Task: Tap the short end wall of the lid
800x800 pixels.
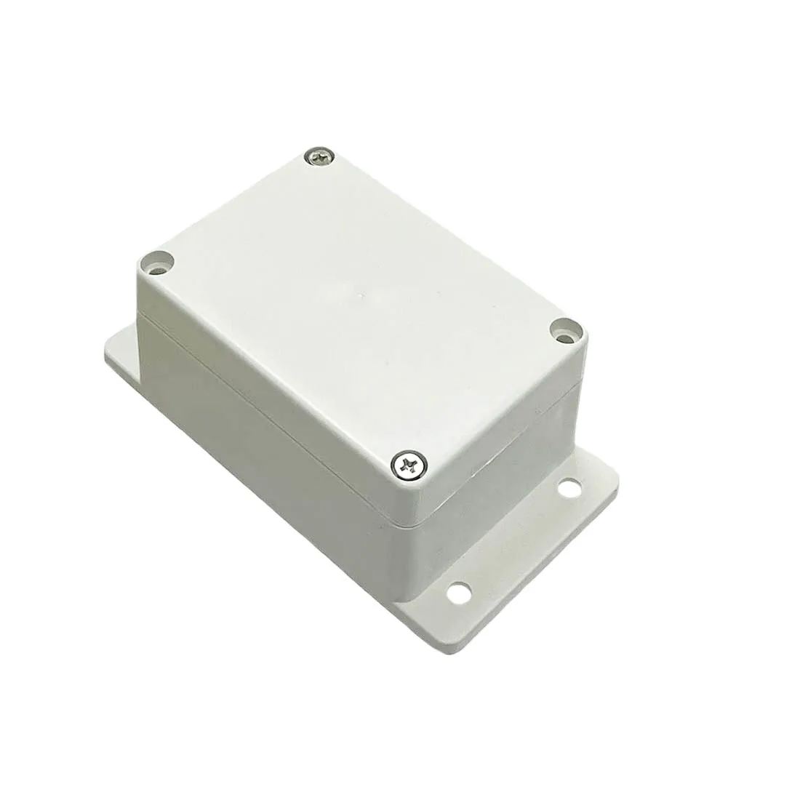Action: click(509, 444)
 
